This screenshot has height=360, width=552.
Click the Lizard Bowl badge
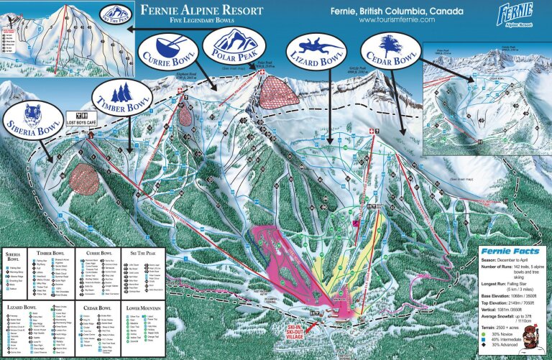tap(316, 51)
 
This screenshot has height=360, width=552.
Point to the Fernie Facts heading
tap(509, 251)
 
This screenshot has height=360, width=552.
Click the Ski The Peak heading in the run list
tap(143, 252)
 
